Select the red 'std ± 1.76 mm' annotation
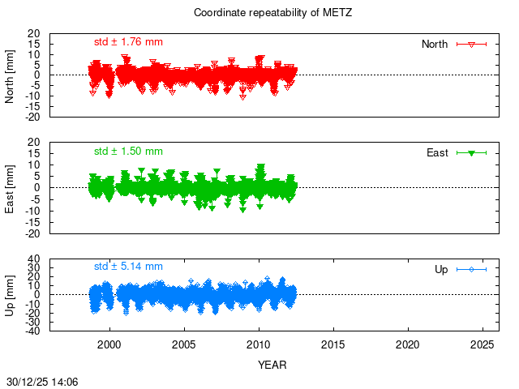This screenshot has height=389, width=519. [128, 41]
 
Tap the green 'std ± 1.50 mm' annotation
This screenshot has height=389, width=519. [128, 151]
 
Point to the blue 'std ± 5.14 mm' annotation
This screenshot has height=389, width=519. [128, 266]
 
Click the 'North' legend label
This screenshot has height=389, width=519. [435, 44]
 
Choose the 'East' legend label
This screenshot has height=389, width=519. [437, 152]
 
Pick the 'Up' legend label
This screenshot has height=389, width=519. [441, 269]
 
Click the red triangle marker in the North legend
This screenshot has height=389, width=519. [471, 44]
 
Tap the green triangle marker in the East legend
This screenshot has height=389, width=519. [471, 152]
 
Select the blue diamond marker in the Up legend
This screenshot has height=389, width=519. [471, 269]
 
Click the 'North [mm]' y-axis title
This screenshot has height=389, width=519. [11, 75]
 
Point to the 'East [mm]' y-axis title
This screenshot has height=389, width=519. [11, 187]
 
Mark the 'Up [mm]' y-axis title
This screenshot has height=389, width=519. [11, 294]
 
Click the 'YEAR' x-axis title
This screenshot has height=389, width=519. [272, 365]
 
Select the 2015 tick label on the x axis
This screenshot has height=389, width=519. [333, 344]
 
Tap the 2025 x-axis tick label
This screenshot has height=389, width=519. [483, 344]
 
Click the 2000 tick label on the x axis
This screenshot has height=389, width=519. [109, 344]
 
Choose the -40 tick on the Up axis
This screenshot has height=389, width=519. [32, 331]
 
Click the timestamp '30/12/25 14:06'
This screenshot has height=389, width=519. [41, 380]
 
